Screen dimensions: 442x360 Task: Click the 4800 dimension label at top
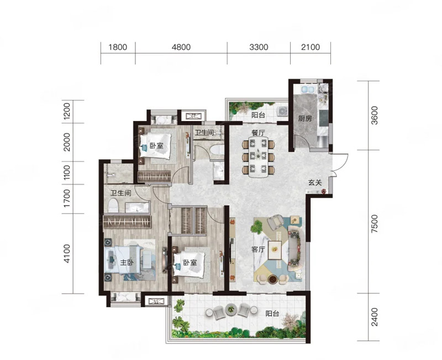pyautogui.click(x=181, y=47)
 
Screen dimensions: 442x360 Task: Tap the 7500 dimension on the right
pyautogui.click(x=375, y=223)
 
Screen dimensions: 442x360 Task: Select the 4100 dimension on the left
pyautogui.click(x=66, y=253)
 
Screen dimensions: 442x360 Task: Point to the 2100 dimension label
pyautogui.click(x=311, y=47)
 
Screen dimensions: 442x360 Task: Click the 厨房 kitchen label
pyautogui.click(x=305, y=118)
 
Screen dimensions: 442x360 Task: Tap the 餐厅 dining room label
pyautogui.click(x=258, y=133)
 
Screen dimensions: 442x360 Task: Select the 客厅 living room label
pyautogui.click(x=258, y=249)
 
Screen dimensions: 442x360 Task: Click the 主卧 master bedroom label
pyautogui.click(x=127, y=262)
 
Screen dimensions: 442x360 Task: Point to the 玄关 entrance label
pyautogui.click(x=314, y=182)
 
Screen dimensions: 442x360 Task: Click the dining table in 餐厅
pyautogui.click(x=258, y=157)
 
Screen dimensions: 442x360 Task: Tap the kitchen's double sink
pyautogui.click(x=308, y=90)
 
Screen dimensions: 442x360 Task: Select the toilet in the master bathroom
pyautogui.click(x=113, y=205)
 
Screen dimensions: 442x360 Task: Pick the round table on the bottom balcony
pyautogui.click(x=231, y=310)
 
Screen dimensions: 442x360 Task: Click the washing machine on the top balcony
pyautogui.click(x=282, y=111)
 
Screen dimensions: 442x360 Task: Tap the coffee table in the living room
pyautogui.click(x=275, y=251)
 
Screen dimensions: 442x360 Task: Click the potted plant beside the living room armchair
pyautogui.click(x=257, y=226)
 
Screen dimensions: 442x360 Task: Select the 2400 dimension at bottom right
pyautogui.click(x=375, y=317)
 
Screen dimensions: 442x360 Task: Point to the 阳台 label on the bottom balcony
pyautogui.click(x=272, y=314)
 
